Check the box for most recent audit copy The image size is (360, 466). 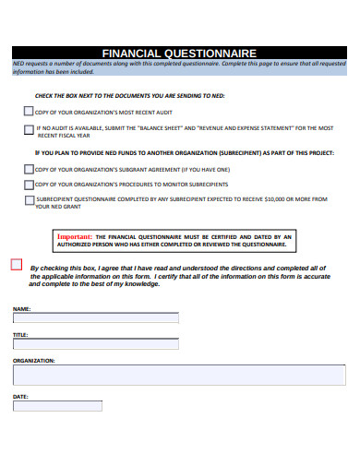coord(28,111)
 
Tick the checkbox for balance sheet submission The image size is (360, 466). coord(28,129)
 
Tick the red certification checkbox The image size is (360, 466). coord(17,264)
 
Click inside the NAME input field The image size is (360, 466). coord(96,317)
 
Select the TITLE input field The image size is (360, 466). coord(96,344)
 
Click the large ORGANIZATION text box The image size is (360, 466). coord(180,374)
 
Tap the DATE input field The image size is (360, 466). coord(57,405)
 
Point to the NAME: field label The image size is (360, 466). coord(22,308)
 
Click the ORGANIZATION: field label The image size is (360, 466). coord(34,360)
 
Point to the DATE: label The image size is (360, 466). coord(20,397)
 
